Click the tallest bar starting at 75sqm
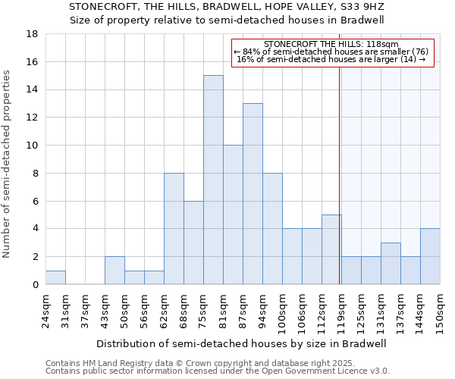click(213, 180)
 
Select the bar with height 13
click(253, 194)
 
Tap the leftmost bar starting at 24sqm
click(55, 277)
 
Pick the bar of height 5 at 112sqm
click(331, 249)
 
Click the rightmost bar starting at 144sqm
click(430, 256)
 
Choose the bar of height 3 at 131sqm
click(391, 263)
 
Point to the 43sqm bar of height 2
click(115, 271)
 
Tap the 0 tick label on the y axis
click(35, 284)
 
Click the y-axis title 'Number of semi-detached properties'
click(8, 164)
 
